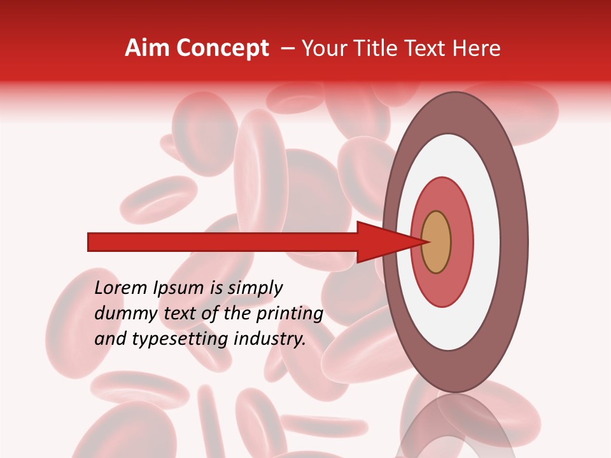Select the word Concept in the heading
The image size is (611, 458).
[223, 48]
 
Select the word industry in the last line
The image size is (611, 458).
[270, 340]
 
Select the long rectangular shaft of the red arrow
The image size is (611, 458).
[223, 242]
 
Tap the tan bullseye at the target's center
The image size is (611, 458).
[436, 242]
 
